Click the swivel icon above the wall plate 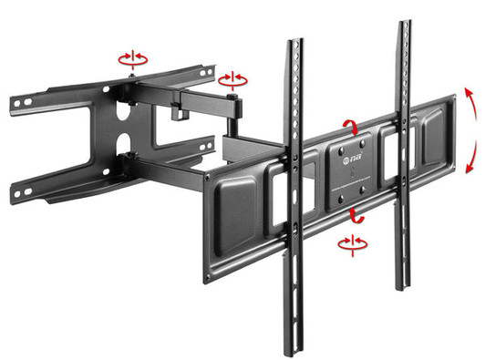133,58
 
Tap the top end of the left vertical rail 294,45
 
